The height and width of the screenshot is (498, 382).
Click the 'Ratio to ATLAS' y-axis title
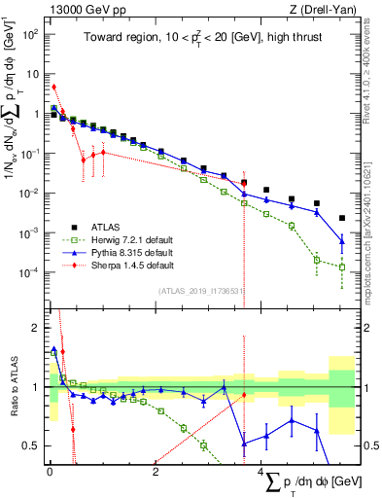coord(13,386)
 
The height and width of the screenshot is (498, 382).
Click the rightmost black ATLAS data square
coord(341,219)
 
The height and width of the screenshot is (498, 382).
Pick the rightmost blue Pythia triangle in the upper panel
coord(341,240)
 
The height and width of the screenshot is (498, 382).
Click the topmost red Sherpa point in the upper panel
coord(53,87)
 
